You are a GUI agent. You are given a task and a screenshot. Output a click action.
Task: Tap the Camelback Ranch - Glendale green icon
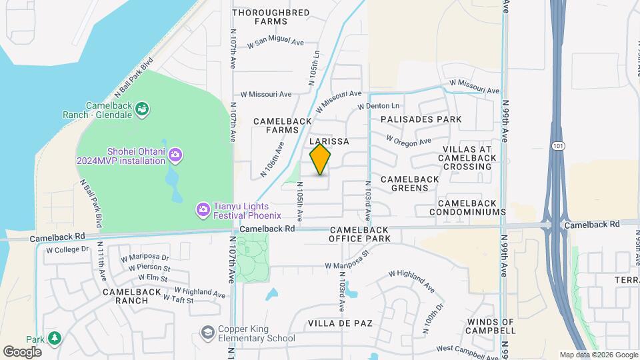pos(142,109)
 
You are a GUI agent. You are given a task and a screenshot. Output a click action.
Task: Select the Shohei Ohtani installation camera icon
pos(175,155)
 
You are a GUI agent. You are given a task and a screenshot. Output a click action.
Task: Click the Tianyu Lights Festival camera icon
pos(202,210)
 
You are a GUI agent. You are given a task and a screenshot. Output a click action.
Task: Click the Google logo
pos(23,351)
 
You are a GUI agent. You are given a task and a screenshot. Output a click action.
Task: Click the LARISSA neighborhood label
pos(329,142)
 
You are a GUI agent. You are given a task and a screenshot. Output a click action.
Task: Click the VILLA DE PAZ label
pos(340,323)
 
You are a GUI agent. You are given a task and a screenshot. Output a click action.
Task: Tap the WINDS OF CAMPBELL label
pos(491,327)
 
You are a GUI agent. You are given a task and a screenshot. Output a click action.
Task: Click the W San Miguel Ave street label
pos(275,44)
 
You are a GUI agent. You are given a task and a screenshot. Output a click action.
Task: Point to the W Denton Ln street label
pos(378,106)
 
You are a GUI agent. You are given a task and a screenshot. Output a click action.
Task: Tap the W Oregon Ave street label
pos(409,141)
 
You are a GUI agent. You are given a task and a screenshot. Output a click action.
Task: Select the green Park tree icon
pos(53,338)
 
